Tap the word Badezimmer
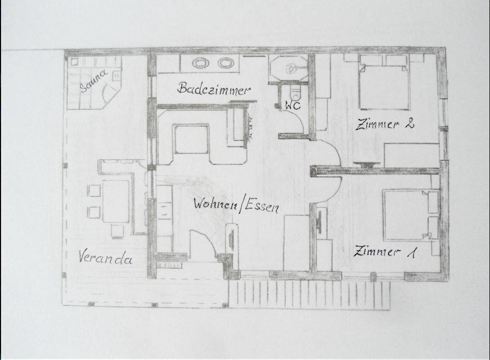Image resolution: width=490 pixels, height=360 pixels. click(214, 89)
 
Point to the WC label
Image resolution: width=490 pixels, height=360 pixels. click(293, 106)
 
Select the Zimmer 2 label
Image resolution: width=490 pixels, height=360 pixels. click(385, 124)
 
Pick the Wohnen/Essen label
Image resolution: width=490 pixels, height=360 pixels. click(236, 205)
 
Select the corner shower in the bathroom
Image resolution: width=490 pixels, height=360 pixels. click(289, 69)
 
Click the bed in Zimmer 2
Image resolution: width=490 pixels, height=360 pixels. click(384, 82)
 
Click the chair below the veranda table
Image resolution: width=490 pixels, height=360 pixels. click(117, 231)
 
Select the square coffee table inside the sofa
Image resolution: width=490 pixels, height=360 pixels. click(192, 139)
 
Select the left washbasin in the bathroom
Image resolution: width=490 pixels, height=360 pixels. click(200, 63)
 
